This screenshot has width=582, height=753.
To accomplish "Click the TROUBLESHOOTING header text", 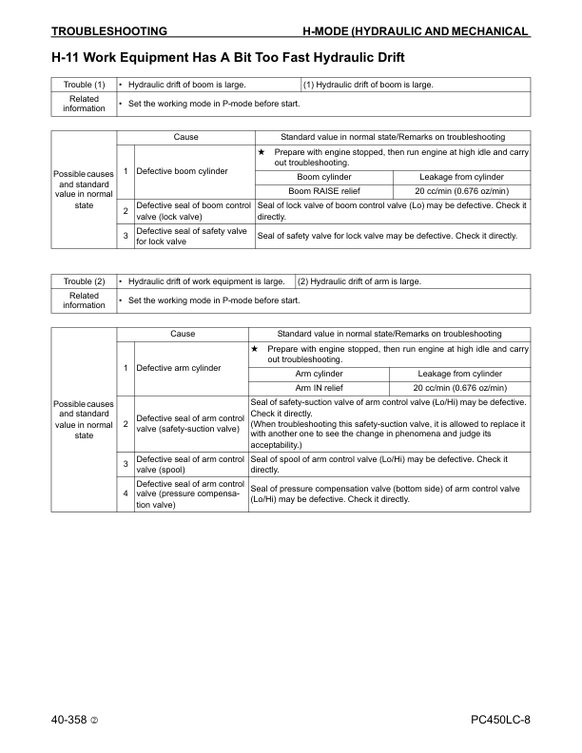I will [109, 31].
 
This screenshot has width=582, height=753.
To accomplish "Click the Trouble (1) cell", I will [84, 85].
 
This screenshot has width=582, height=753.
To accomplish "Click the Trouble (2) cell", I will [84, 281].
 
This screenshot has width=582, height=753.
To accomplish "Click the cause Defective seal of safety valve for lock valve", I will [193, 236].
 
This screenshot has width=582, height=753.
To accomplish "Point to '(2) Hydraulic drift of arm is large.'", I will [359, 281].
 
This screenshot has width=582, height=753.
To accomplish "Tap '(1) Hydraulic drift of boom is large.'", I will [369, 85].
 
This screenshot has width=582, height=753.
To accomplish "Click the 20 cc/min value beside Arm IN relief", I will [460, 387].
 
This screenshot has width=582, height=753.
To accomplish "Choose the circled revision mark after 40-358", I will [95, 720].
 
